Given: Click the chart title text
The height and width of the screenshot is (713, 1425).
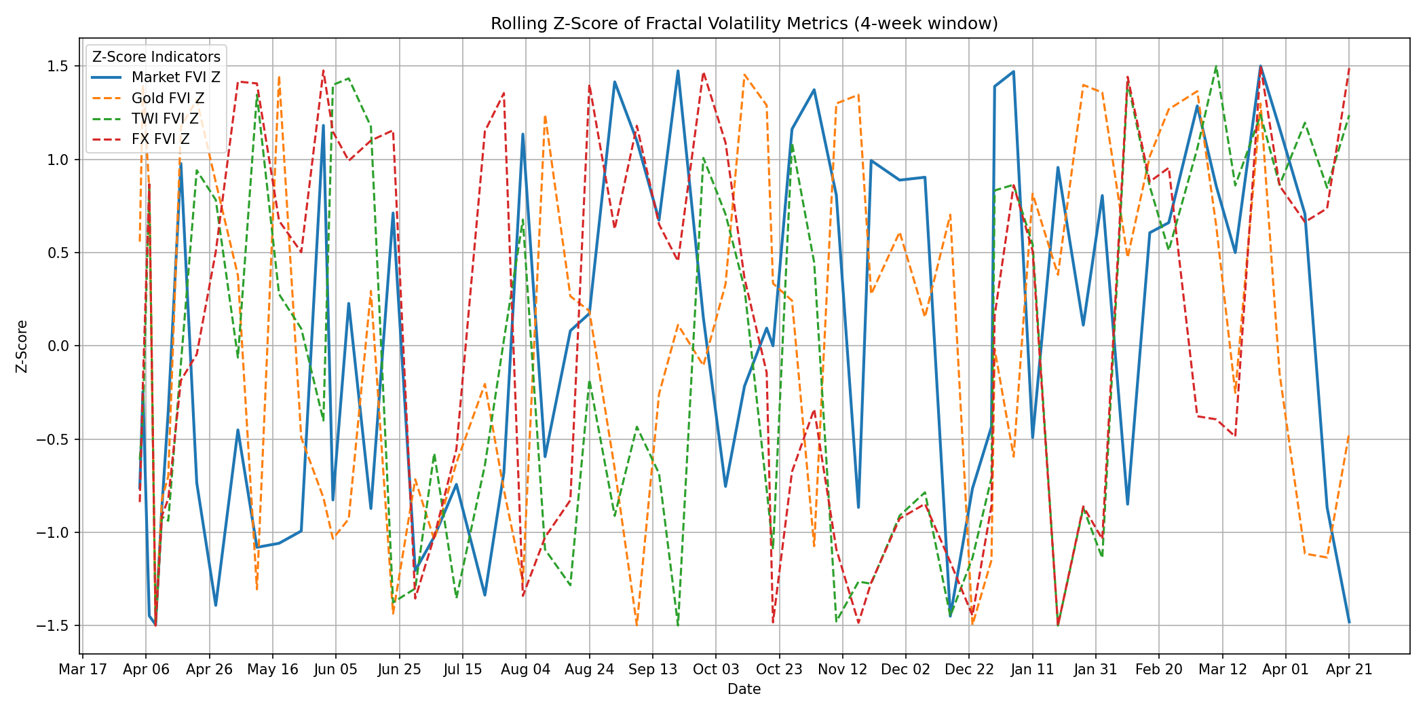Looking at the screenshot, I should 744,24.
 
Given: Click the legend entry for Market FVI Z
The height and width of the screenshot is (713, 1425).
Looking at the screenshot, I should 176,77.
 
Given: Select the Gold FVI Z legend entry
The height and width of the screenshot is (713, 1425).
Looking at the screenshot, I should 168,98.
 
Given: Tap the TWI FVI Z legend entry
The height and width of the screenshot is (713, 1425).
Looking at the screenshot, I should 165,119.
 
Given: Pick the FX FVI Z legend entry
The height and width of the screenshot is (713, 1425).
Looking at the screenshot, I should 161,139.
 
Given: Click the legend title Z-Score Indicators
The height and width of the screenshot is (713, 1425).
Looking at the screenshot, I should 156,57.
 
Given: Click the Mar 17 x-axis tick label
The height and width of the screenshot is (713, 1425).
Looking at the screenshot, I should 83,670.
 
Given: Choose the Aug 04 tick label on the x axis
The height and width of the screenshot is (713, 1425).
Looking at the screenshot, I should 526,670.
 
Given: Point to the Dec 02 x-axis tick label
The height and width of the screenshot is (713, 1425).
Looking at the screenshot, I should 906,670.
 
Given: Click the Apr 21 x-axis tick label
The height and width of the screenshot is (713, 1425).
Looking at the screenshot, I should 1349,670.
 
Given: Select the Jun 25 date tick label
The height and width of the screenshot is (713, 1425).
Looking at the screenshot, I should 399,670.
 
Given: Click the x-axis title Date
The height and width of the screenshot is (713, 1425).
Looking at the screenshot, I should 744,689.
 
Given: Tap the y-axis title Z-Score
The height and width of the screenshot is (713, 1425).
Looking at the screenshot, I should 22,346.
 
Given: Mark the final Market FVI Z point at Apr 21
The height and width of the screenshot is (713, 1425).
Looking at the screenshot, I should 1349,622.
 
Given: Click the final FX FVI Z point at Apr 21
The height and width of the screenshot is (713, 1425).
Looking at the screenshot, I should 1349,68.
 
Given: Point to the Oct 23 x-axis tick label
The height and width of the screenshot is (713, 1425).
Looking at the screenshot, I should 779,670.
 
